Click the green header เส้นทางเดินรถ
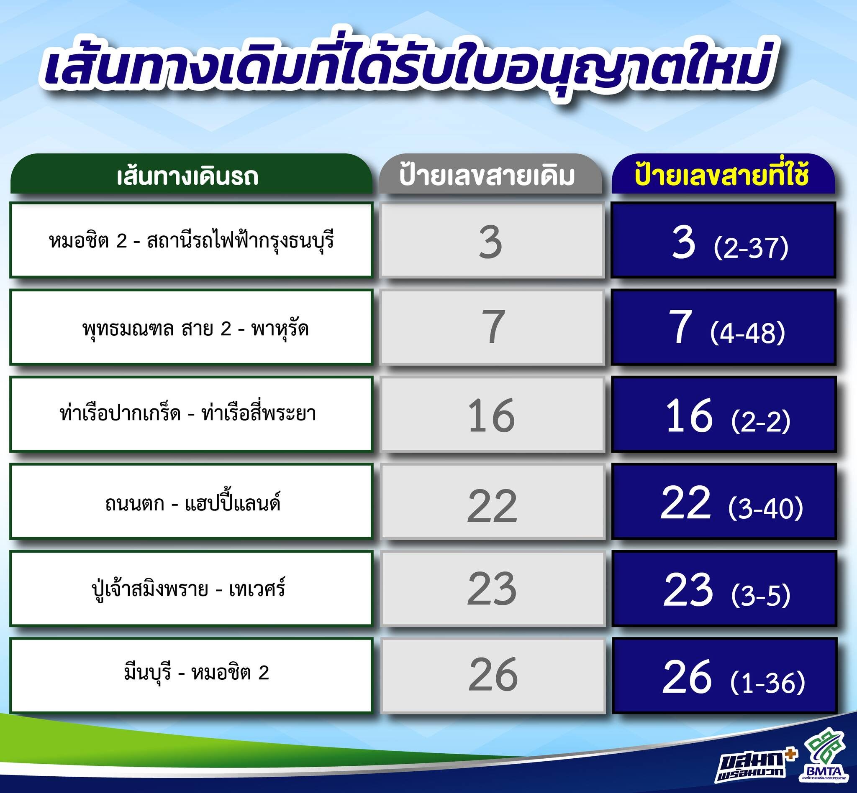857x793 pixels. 191,174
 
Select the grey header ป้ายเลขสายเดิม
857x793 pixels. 490,174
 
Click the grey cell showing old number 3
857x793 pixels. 492,240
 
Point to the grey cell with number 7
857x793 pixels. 492,327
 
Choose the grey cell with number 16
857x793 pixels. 492,415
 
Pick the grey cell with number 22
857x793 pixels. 492,502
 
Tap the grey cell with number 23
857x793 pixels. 492,589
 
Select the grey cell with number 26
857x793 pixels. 492,676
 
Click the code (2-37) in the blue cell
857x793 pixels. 751,248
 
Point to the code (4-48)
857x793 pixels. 748,333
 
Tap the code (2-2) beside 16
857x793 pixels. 761,421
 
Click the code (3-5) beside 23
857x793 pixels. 761,595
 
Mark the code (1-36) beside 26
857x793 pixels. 767,683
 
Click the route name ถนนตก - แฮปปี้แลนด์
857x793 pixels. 192,502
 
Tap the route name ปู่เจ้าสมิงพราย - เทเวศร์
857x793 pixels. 189,589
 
